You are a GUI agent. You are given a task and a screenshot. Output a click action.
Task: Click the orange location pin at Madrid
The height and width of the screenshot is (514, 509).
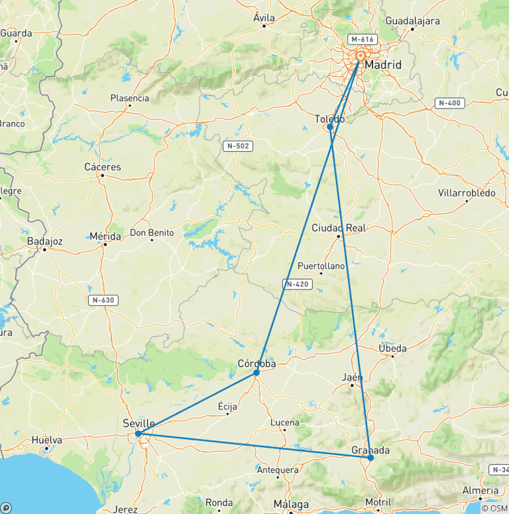tap(361, 57)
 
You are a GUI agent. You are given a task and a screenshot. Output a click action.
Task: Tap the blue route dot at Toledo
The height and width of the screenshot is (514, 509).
tap(330, 127)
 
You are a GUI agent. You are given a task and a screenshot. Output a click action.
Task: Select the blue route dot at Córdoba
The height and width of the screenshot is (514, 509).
tap(256, 372)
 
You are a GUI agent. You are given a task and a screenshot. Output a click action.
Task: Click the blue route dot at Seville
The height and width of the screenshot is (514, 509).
tap(138, 434)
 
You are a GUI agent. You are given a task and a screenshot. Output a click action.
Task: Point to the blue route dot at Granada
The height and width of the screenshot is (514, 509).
tap(370, 458)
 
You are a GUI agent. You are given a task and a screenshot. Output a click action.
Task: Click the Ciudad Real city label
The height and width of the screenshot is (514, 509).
tap(339, 228)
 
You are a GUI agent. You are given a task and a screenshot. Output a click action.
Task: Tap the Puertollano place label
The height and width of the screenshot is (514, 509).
tap(321, 266)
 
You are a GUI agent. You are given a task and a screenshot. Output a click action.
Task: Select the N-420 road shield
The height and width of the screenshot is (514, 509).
tap(297, 284)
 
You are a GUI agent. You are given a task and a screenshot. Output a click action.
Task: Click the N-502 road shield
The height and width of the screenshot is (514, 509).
tap(237, 146)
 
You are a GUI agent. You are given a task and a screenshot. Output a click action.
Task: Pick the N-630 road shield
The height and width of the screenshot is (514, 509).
tap(103, 300)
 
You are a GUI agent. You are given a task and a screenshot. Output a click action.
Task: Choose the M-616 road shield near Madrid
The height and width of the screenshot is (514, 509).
tap(363, 39)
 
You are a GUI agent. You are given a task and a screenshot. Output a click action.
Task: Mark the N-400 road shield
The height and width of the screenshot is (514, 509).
tap(450, 103)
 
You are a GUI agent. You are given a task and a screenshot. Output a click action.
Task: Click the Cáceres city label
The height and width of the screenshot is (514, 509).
tap(103, 167)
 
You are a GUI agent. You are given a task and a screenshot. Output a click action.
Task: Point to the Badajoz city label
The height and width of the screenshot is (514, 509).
tap(45, 241)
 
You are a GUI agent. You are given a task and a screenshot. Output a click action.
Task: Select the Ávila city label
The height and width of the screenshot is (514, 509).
tap(264, 18)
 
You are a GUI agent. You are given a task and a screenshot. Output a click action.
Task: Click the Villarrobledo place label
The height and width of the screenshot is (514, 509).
tap(467, 193)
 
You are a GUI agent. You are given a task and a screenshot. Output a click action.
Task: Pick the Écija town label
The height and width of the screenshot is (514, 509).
tap(227, 407)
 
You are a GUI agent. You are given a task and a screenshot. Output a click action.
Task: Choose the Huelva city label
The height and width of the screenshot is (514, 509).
tap(46, 440)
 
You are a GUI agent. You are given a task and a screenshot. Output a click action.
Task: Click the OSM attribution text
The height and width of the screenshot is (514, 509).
tap(495, 508)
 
